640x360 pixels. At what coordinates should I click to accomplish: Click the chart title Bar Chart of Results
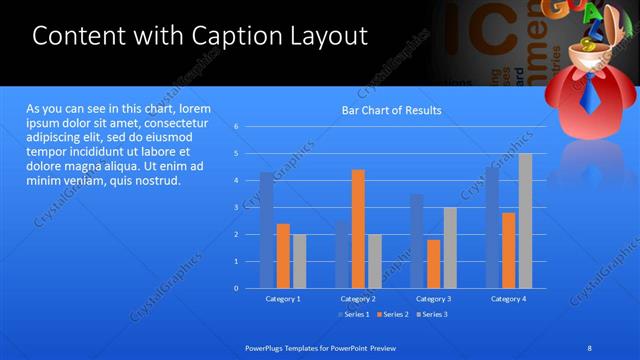click(391, 110)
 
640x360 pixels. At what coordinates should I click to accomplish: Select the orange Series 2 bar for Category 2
click(358, 229)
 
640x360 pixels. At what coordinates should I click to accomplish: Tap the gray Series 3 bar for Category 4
click(525, 221)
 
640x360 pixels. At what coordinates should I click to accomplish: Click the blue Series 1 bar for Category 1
click(266, 230)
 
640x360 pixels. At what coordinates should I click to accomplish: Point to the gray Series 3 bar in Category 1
click(300, 261)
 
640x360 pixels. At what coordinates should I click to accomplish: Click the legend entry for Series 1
click(356, 314)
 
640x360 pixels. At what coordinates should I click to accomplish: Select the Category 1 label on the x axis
click(283, 298)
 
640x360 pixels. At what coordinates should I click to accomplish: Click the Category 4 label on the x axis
click(508, 298)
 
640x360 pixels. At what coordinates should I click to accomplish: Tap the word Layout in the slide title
click(325, 36)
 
